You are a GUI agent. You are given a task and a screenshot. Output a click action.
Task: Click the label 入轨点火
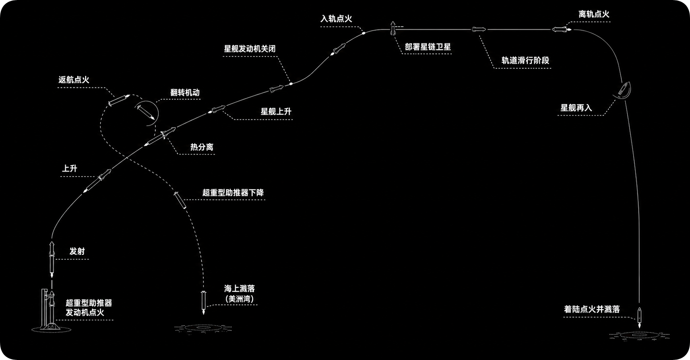click(x=336, y=19)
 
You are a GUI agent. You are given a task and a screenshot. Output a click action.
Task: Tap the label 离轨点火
click(x=594, y=14)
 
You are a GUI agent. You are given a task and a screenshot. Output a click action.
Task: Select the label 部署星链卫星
click(x=428, y=47)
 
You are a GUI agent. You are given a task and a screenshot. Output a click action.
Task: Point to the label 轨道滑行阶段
click(x=525, y=60)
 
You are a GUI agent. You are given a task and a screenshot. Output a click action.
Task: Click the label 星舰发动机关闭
click(x=250, y=49)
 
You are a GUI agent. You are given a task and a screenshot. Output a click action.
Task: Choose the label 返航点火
click(x=74, y=80)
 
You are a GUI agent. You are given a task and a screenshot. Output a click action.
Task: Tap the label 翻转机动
click(x=185, y=93)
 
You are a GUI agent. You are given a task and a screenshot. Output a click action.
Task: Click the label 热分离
click(x=202, y=147)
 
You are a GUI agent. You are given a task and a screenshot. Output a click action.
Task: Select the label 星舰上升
click(x=276, y=112)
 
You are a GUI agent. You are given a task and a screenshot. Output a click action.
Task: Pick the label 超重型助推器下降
click(x=233, y=193)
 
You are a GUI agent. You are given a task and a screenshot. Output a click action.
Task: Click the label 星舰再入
click(x=576, y=108)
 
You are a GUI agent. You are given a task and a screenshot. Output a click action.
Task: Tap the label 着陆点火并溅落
click(x=592, y=309)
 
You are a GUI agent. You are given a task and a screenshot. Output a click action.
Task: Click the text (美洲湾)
click(x=239, y=299)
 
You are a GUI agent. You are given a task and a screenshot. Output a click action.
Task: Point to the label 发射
click(x=77, y=251)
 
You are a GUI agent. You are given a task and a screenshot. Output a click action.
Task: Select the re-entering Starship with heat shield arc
click(x=622, y=91)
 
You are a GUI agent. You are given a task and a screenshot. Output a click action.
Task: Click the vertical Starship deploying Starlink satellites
click(x=393, y=28)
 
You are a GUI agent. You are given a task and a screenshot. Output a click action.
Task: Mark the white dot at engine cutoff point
click(x=291, y=83)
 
